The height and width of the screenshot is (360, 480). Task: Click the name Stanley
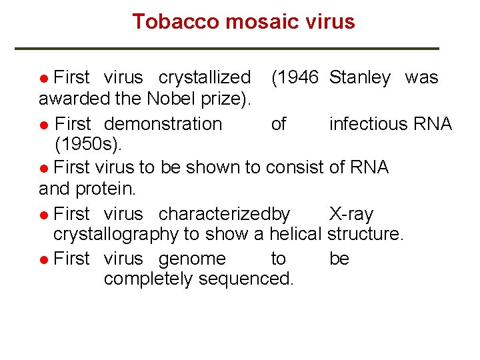click(360, 78)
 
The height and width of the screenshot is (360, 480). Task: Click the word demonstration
click(163, 124)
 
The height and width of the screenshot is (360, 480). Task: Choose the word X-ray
click(351, 215)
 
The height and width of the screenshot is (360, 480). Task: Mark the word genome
click(192, 259)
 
